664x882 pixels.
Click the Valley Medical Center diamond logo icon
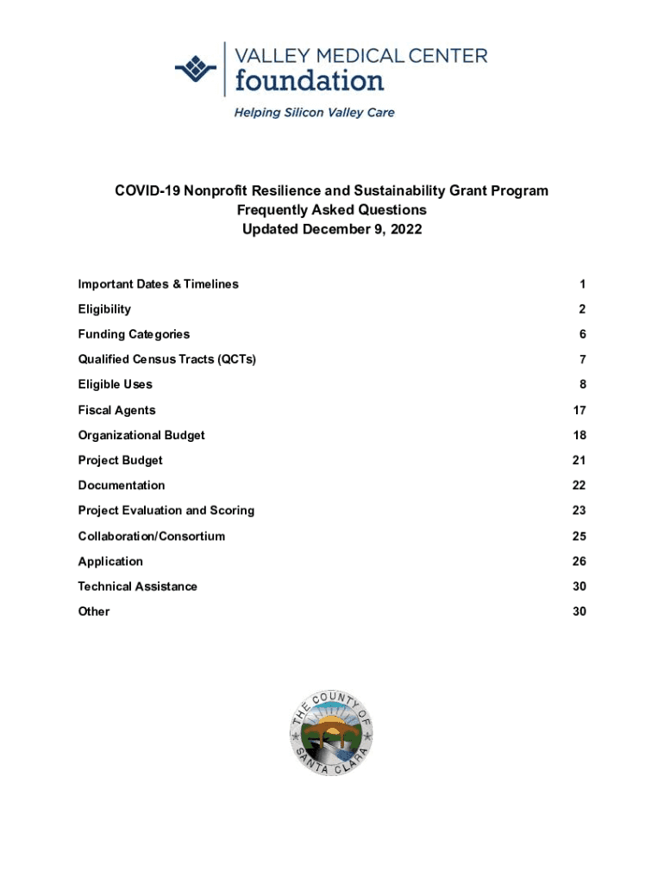click(x=195, y=69)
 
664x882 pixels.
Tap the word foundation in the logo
click(x=310, y=81)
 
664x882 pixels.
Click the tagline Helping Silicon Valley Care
click(x=314, y=113)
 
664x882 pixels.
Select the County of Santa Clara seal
click(x=331, y=734)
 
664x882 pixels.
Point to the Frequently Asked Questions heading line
click(x=331, y=210)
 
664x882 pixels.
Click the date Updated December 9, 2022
click(x=331, y=230)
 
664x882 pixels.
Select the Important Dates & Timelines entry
click(x=158, y=284)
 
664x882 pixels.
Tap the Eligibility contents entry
click(x=104, y=309)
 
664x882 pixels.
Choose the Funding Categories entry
click(x=134, y=334)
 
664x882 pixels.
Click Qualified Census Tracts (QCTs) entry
click(x=166, y=359)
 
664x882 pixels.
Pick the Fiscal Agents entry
click(x=116, y=410)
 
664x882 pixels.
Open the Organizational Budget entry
click(x=141, y=435)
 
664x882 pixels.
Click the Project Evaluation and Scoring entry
click(x=166, y=511)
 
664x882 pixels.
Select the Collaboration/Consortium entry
click(x=151, y=536)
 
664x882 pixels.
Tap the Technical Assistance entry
click(x=137, y=587)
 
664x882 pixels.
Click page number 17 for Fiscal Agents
click(x=579, y=410)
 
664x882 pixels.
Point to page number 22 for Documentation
click(x=579, y=486)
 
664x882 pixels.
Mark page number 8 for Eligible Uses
click(x=582, y=384)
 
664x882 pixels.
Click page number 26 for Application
click(x=579, y=562)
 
